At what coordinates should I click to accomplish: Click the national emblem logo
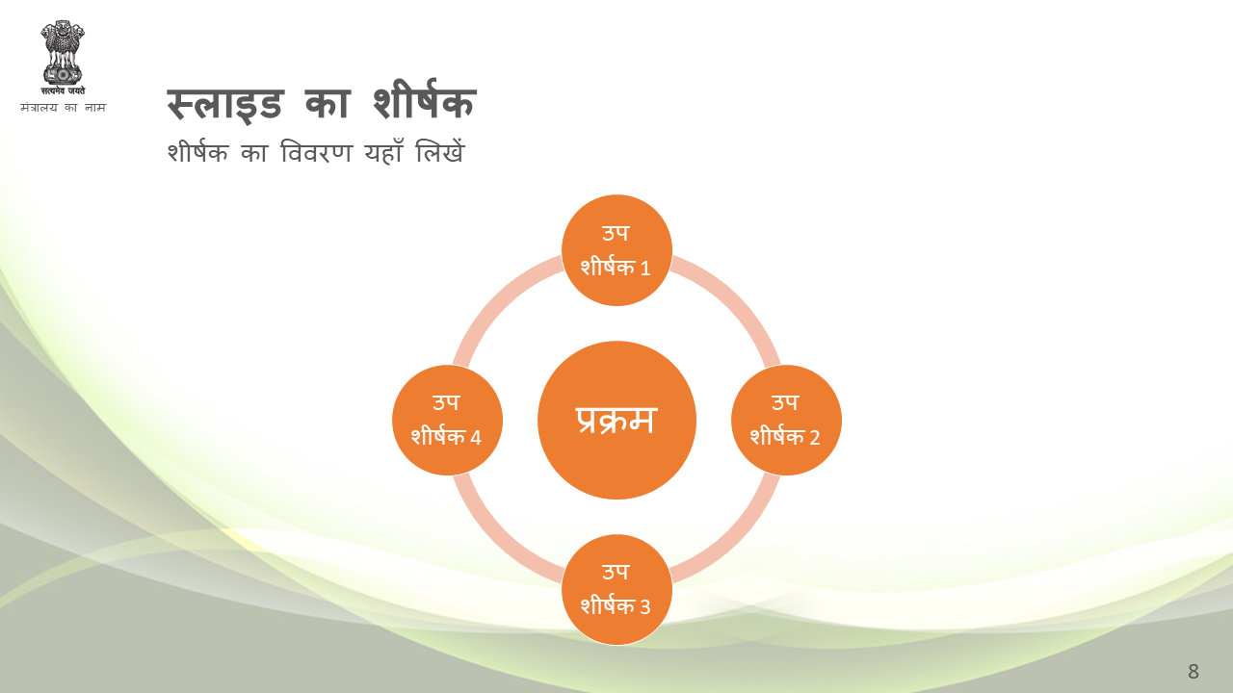click(x=63, y=58)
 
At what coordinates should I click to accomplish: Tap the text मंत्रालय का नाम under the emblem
click(x=63, y=107)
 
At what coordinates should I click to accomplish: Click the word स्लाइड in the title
click(x=224, y=105)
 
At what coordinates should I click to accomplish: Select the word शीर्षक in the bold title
click(x=424, y=100)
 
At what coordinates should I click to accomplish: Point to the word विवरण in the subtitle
click(x=316, y=152)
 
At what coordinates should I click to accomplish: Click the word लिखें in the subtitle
click(x=440, y=151)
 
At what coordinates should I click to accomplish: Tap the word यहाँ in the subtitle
click(x=383, y=152)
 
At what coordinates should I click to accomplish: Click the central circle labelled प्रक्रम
click(x=616, y=421)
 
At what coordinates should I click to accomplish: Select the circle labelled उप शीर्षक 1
click(x=616, y=250)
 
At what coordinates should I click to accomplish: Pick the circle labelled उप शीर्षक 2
click(x=786, y=421)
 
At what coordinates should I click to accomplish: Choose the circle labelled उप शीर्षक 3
click(x=616, y=590)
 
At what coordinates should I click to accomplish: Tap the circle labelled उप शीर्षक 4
click(x=447, y=421)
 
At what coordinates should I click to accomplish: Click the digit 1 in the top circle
click(x=645, y=269)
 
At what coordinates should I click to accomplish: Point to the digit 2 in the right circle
click(x=815, y=438)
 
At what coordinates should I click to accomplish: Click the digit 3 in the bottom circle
click(x=645, y=607)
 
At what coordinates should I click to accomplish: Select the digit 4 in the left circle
click(x=476, y=438)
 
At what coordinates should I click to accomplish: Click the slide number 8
click(x=1194, y=672)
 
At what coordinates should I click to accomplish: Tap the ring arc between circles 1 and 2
click(x=737, y=300)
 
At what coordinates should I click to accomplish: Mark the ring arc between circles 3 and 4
click(x=496, y=540)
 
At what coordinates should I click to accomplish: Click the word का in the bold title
click(x=328, y=103)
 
